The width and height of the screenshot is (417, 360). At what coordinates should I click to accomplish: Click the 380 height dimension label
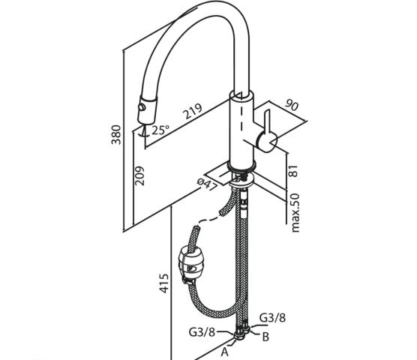pos(116,134)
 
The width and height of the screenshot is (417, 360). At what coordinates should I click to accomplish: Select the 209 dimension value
pos(139,175)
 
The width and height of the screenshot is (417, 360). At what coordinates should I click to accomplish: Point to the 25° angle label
pos(160,130)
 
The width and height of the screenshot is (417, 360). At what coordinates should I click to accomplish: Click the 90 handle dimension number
pos(292,105)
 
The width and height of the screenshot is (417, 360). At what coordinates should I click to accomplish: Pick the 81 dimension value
pos(292,171)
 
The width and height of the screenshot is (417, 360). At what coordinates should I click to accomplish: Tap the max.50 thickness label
pos(295,213)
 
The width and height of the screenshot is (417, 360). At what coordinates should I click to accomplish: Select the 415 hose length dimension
pos(164,283)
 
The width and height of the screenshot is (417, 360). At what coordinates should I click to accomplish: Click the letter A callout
pos(225,352)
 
